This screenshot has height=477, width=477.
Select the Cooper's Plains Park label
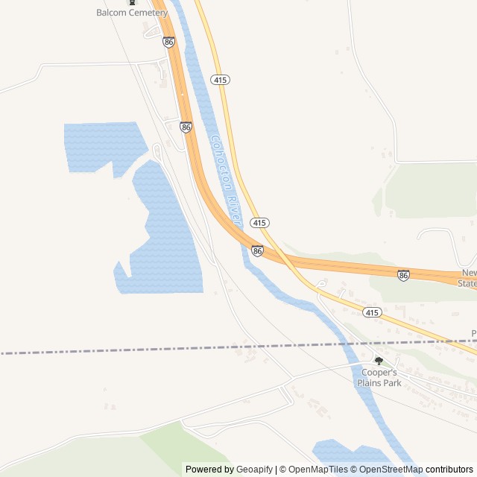pyautogui.click(x=379, y=378)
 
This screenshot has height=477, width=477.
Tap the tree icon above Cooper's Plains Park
pyautogui.click(x=379, y=361)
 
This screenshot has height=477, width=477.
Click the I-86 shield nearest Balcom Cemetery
pyautogui.click(x=169, y=43)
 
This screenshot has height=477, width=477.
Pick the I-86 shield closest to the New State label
pyautogui.click(x=403, y=275)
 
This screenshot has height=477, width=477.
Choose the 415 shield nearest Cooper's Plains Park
pyautogui.click(x=373, y=312)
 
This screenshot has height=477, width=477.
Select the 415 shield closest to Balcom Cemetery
pyautogui.click(x=220, y=80)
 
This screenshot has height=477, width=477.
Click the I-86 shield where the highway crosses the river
pyautogui.click(x=257, y=251)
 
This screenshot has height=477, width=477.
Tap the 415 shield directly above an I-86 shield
pyautogui.click(x=259, y=223)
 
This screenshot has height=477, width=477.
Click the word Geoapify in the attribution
pyautogui.click(x=254, y=470)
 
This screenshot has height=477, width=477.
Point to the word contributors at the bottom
pyautogui.click(x=449, y=470)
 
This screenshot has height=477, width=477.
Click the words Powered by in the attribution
pyautogui.click(x=209, y=470)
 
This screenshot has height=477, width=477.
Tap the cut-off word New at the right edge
pyautogui.click(x=469, y=273)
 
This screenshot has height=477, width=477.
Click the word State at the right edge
pyautogui.click(x=467, y=283)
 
